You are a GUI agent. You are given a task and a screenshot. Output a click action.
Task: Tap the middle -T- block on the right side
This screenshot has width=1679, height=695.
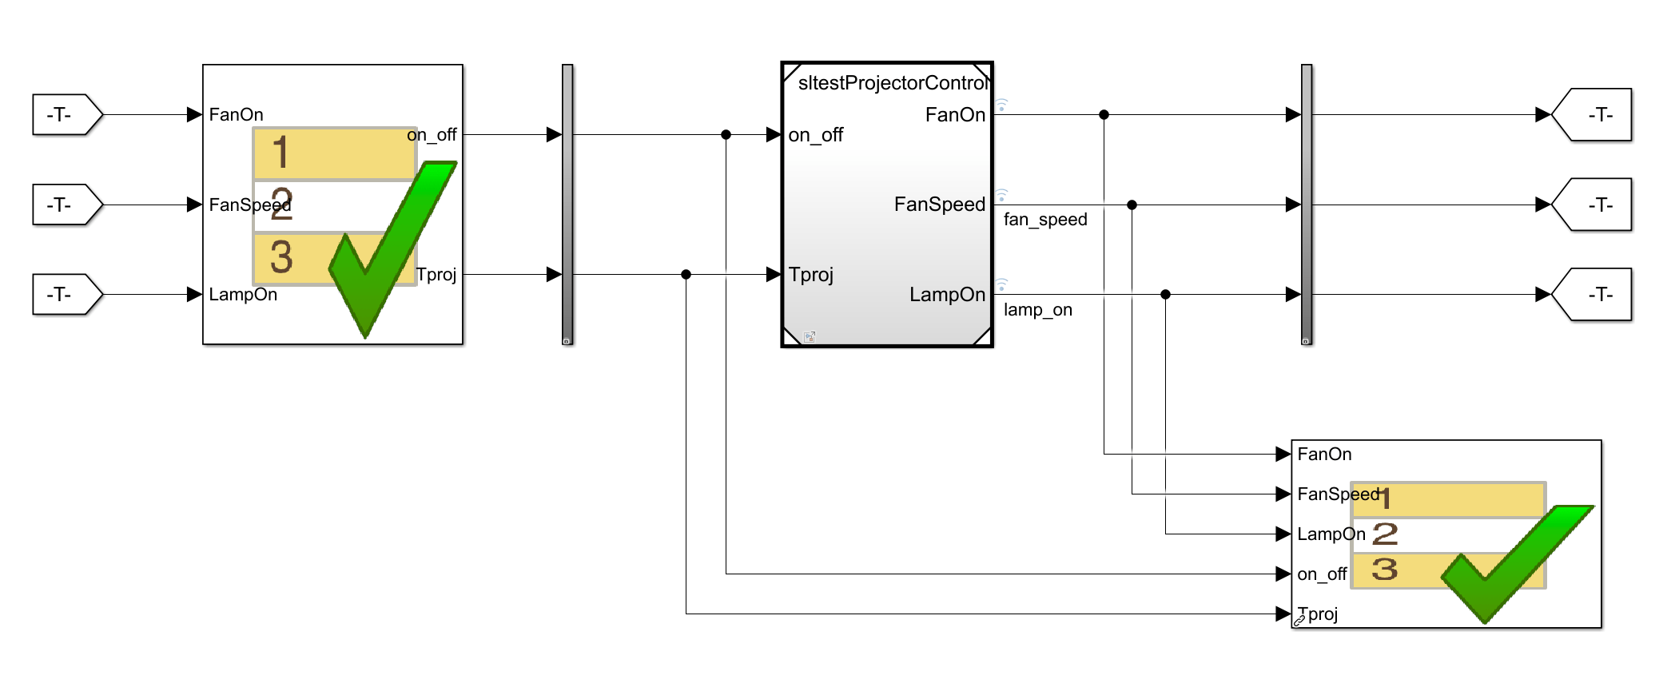(1593, 205)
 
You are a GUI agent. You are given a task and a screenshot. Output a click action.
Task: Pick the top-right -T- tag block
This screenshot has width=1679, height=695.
(1593, 115)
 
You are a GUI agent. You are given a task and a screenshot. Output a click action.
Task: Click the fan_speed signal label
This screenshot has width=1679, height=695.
(1045, 220)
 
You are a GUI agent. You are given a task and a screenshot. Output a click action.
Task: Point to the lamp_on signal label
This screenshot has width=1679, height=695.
(1038, 310)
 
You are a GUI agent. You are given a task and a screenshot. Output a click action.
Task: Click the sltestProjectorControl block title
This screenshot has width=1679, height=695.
(892, 83)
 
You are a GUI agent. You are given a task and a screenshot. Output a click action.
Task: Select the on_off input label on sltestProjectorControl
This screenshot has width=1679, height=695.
(816, 135)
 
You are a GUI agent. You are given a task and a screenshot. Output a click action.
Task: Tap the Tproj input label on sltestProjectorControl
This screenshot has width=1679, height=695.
(811, 275)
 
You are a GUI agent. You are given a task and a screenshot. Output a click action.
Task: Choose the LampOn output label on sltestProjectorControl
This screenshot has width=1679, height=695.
(947, 295)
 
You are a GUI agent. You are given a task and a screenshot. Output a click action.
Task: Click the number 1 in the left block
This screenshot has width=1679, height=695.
(280, 152)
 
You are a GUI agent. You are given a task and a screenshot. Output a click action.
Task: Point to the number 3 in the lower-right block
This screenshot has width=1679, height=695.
(1385, 570)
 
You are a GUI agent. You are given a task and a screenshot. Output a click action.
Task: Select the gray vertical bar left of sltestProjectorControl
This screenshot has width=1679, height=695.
(567, 205)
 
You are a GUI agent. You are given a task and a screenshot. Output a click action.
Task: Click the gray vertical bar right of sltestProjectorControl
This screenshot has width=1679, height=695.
(1307, 205)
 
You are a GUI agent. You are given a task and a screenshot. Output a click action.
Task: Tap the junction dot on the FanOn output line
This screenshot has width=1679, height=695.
(1104, 115)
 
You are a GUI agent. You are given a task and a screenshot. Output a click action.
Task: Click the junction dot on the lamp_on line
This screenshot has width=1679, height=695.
(1165, 295)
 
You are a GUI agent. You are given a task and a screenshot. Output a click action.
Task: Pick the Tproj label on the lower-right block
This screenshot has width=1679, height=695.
(1319, 614)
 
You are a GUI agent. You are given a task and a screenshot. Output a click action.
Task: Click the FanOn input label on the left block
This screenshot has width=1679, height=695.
(237, 115)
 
